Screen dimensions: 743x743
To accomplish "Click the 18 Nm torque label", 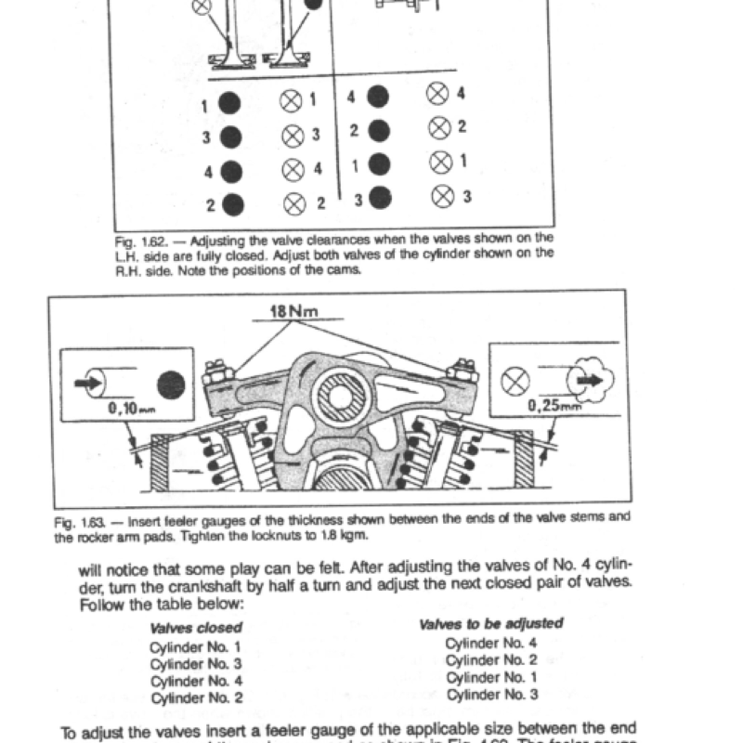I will click(293, 313).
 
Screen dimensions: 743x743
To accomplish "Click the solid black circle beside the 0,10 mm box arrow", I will click(170, 382).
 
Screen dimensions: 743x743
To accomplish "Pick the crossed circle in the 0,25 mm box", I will click(515, 379).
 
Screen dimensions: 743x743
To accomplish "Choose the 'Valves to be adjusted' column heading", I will click(491, 624).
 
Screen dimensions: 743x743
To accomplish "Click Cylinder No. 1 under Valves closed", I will click(195, 646).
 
